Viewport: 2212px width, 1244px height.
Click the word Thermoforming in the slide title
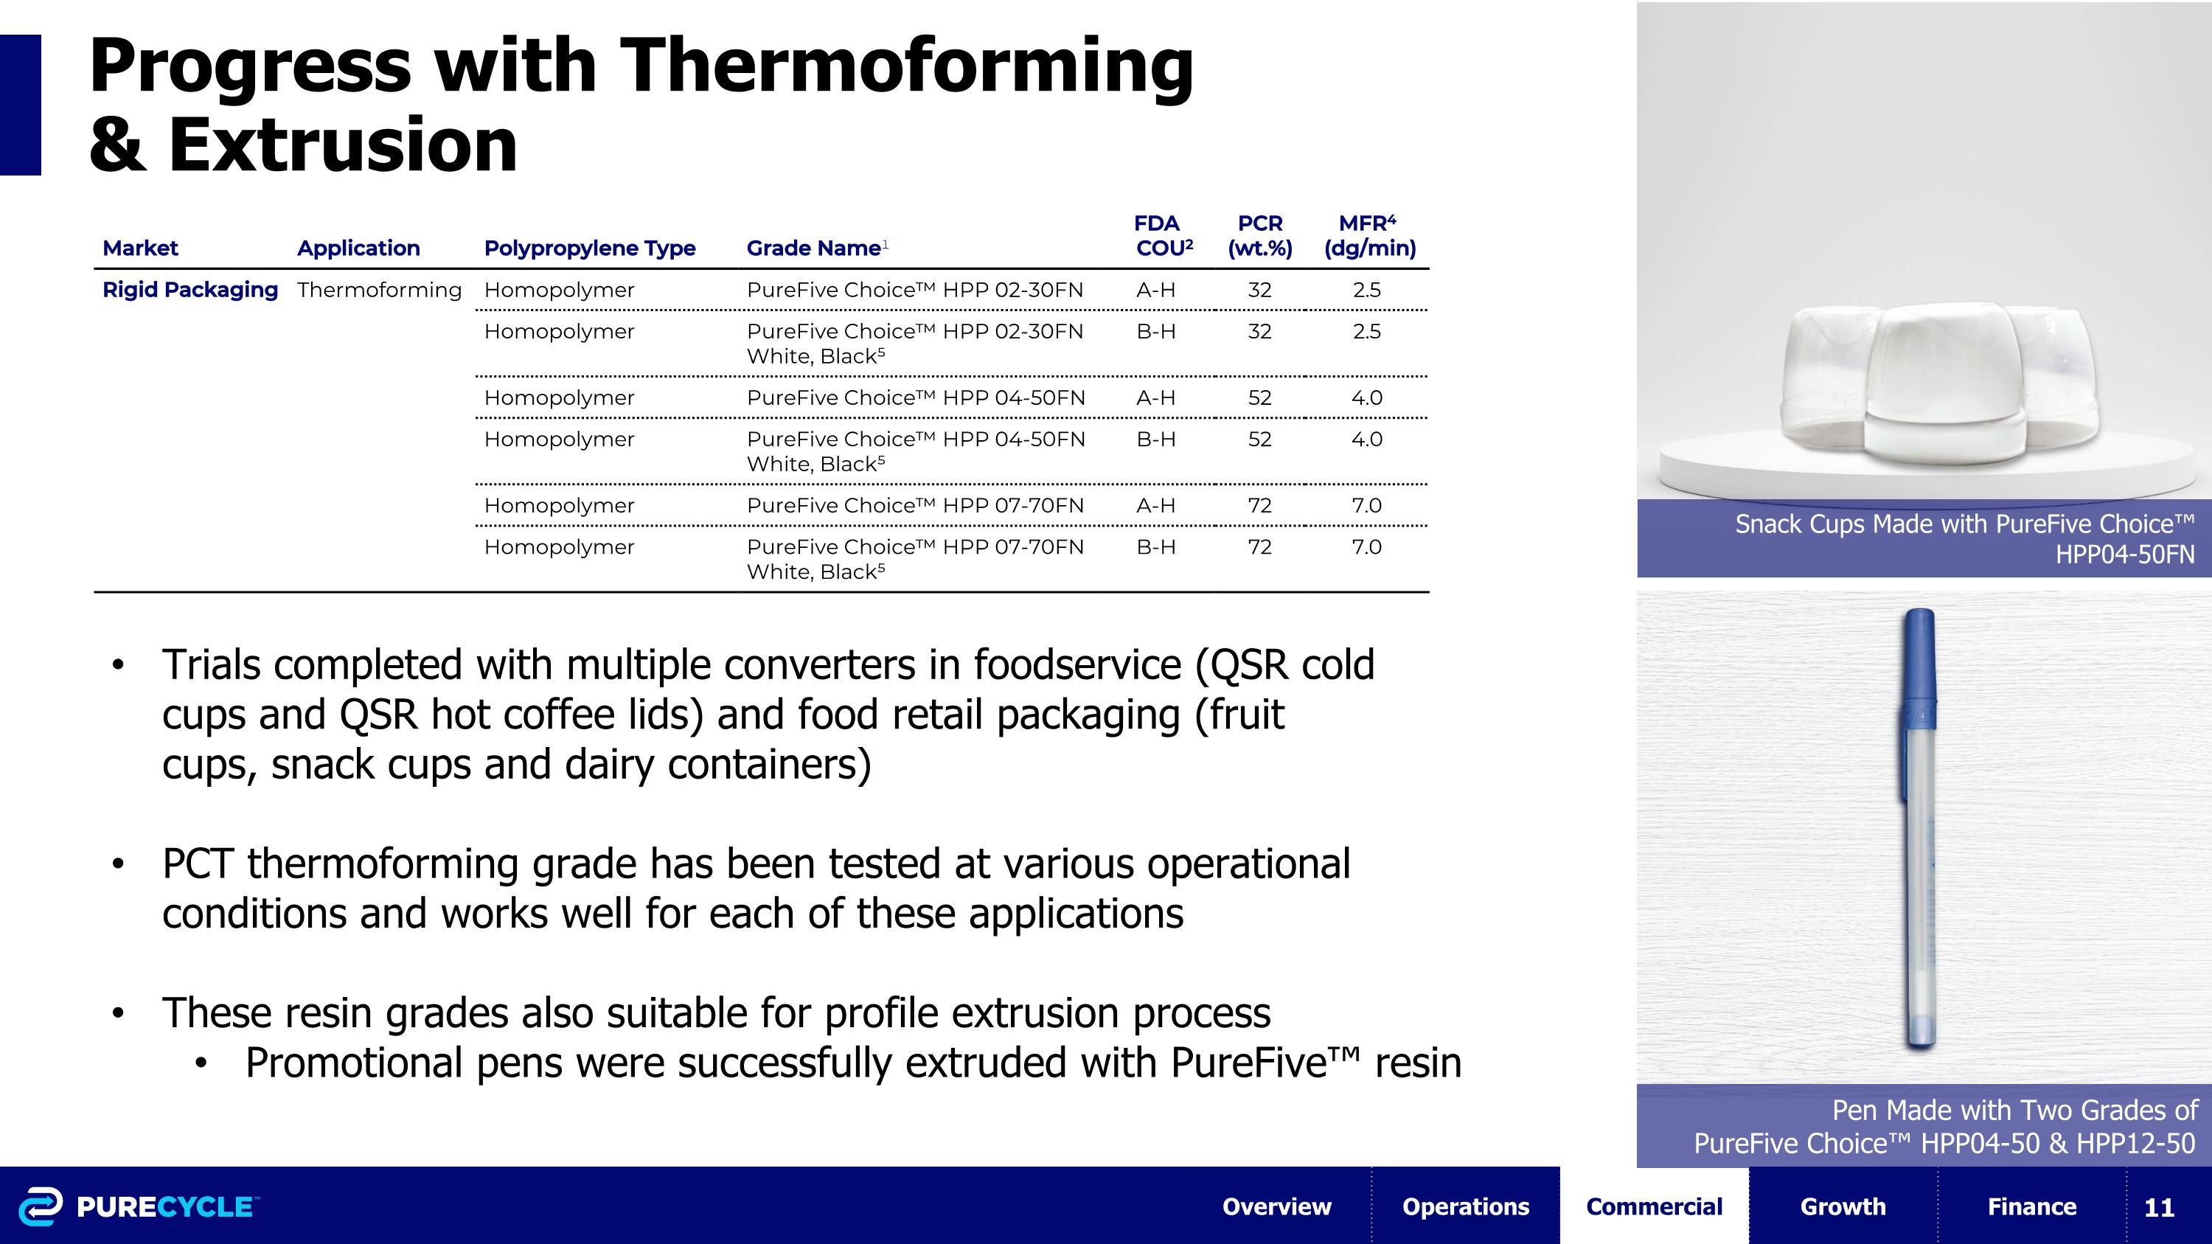coord(906,66)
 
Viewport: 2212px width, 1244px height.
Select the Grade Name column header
coord(813,248)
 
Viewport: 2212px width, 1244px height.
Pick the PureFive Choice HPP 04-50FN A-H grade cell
coord(915,397)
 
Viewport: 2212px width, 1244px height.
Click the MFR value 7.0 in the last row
coord(1366,547)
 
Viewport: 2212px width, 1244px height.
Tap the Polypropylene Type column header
coord(589,248)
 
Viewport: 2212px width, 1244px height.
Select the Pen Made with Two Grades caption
coord(1945,1125)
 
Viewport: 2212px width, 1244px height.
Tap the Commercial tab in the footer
coord(1654,1206)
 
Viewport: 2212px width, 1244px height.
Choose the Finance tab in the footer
coord(2031,1206)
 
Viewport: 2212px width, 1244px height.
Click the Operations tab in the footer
coord(1465,1206)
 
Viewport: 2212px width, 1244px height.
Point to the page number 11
coord(2159,1207)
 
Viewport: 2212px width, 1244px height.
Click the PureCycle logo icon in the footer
coord(41,1206)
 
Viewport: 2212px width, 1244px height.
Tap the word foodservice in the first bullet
coord(1077,664)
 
